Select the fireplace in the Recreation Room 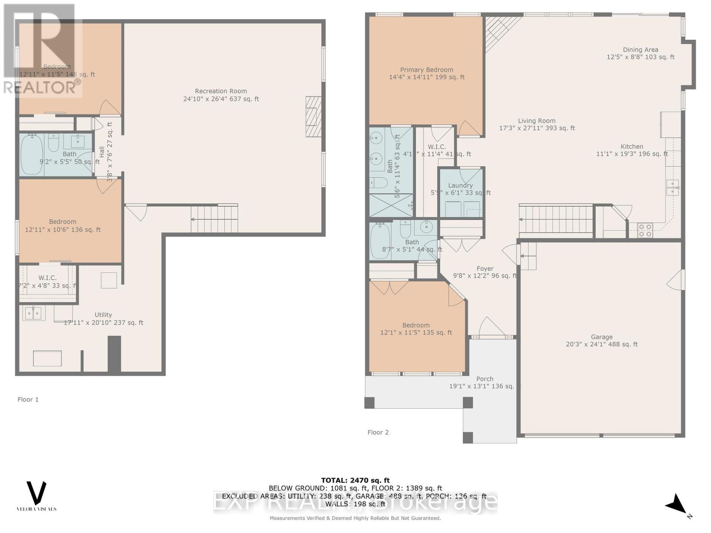pos(313,116)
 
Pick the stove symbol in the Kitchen pos(645,230)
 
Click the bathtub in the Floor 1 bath pos(31,154)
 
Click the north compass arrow pos(677,505)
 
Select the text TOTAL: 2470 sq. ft pos(355,480)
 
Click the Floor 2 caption pos(378,432)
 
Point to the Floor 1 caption pos(28,399)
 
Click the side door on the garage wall pos(676,280)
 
